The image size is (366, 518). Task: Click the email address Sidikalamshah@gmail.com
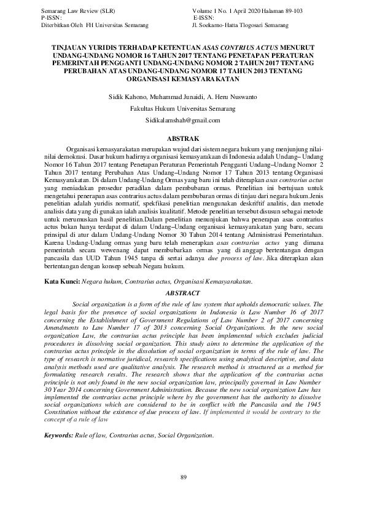click(182, 121)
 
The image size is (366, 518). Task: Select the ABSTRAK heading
click(182, 139)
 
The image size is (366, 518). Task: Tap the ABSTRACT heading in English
click(182, 293)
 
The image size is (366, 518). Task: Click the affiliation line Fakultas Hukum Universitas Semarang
click(182, 109)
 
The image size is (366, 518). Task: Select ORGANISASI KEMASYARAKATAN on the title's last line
click(182, 79)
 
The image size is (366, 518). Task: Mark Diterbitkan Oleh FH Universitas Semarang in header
click(94, 25)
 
